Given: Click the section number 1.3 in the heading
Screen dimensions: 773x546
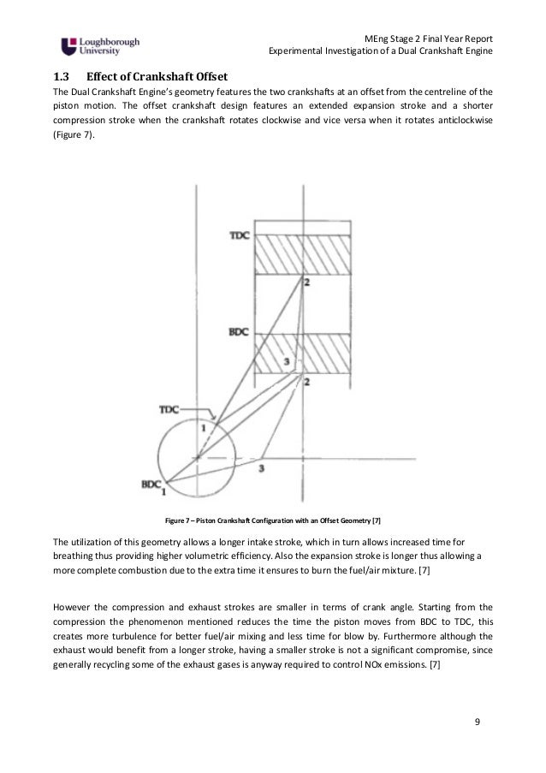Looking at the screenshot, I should pos(62,75).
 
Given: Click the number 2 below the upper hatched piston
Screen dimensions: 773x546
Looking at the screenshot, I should pos(305,282).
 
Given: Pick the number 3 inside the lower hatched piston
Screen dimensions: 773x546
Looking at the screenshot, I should pos(287,362).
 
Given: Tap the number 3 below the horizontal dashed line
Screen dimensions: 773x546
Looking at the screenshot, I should pos(261,468).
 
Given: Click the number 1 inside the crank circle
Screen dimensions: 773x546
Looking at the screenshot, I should pos(205,425).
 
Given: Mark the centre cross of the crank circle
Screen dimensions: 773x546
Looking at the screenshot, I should pos(198,458).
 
